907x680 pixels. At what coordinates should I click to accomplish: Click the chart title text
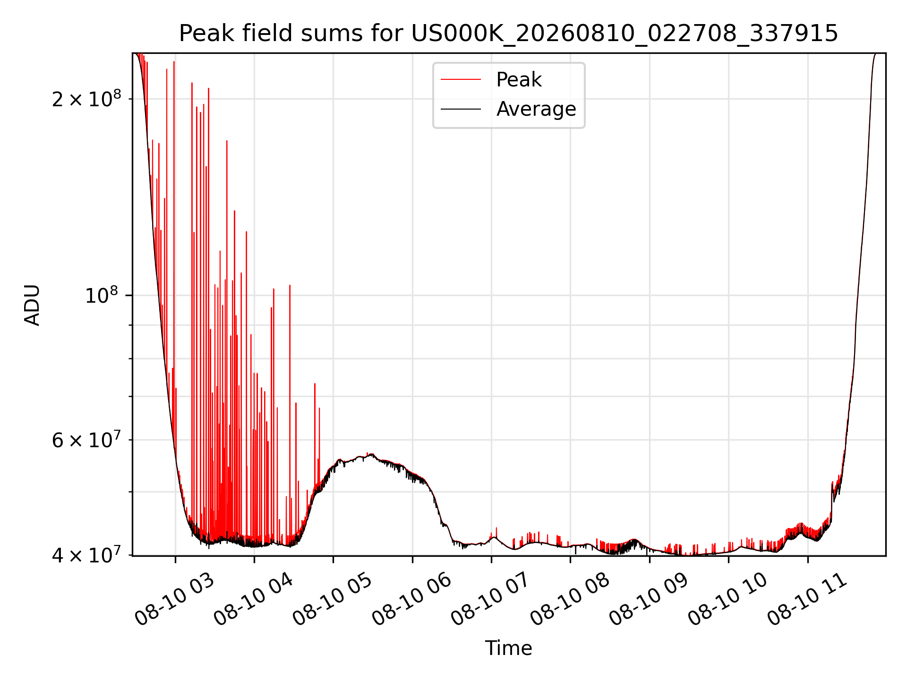point(508,34)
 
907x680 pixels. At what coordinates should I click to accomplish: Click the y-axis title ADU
point(33,305)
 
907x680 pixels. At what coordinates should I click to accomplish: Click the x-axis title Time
point(508,648)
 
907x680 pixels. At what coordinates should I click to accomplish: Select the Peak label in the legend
point(519,79)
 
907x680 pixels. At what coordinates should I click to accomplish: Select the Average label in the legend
point(536,109)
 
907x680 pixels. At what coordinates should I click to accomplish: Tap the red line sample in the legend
point(461,80)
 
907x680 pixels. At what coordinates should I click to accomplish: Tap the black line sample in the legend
point(461,109)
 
